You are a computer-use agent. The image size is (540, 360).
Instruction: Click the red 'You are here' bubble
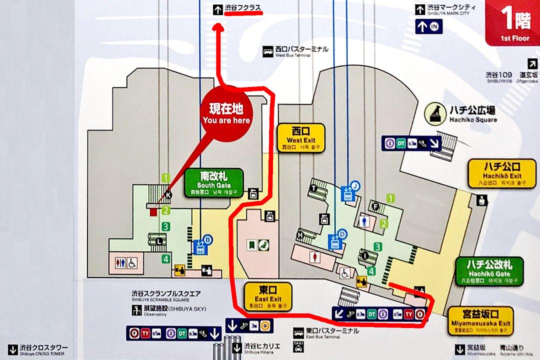point(226,114)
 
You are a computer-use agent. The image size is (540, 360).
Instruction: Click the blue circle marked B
point(208,239)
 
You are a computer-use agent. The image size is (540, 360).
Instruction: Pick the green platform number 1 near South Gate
point(166,177)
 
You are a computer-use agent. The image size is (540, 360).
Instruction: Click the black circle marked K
point(168,195)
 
